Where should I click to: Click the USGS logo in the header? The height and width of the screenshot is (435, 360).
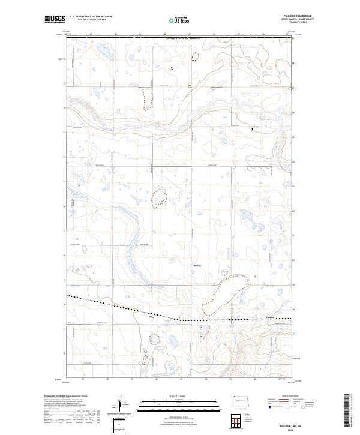point(55,19)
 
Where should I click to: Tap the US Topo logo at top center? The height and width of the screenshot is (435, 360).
point(180,19)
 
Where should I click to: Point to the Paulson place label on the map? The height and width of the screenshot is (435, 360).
point(269,317)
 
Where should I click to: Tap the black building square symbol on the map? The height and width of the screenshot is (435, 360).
point(251,128)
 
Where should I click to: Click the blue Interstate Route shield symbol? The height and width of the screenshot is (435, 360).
point(268,406)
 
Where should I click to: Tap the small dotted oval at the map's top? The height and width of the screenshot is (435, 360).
point(196,57)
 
